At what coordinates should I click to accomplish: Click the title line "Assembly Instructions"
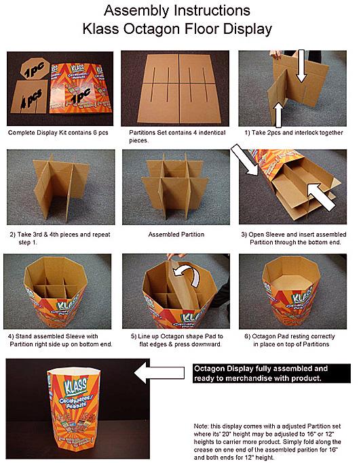point(177,11)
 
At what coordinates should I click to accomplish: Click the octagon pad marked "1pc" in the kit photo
point(35,68)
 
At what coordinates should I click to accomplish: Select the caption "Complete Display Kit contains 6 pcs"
point(58,133)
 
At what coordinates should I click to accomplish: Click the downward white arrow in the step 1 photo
point(301,66)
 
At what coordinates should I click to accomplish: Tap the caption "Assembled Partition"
point(176,235)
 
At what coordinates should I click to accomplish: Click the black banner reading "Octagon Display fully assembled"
point(271,374)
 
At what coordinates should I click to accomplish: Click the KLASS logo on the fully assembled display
point(76,386)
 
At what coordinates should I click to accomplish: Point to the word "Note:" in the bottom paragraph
point(201,426)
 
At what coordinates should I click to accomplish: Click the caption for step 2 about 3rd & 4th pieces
point(60,239)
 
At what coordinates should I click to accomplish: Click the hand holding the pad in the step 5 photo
point(176,256)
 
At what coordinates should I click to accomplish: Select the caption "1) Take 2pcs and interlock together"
point(294,133)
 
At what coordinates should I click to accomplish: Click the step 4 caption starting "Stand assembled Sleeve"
point(60,340)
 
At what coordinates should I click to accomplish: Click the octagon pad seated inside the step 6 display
point(291,282)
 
